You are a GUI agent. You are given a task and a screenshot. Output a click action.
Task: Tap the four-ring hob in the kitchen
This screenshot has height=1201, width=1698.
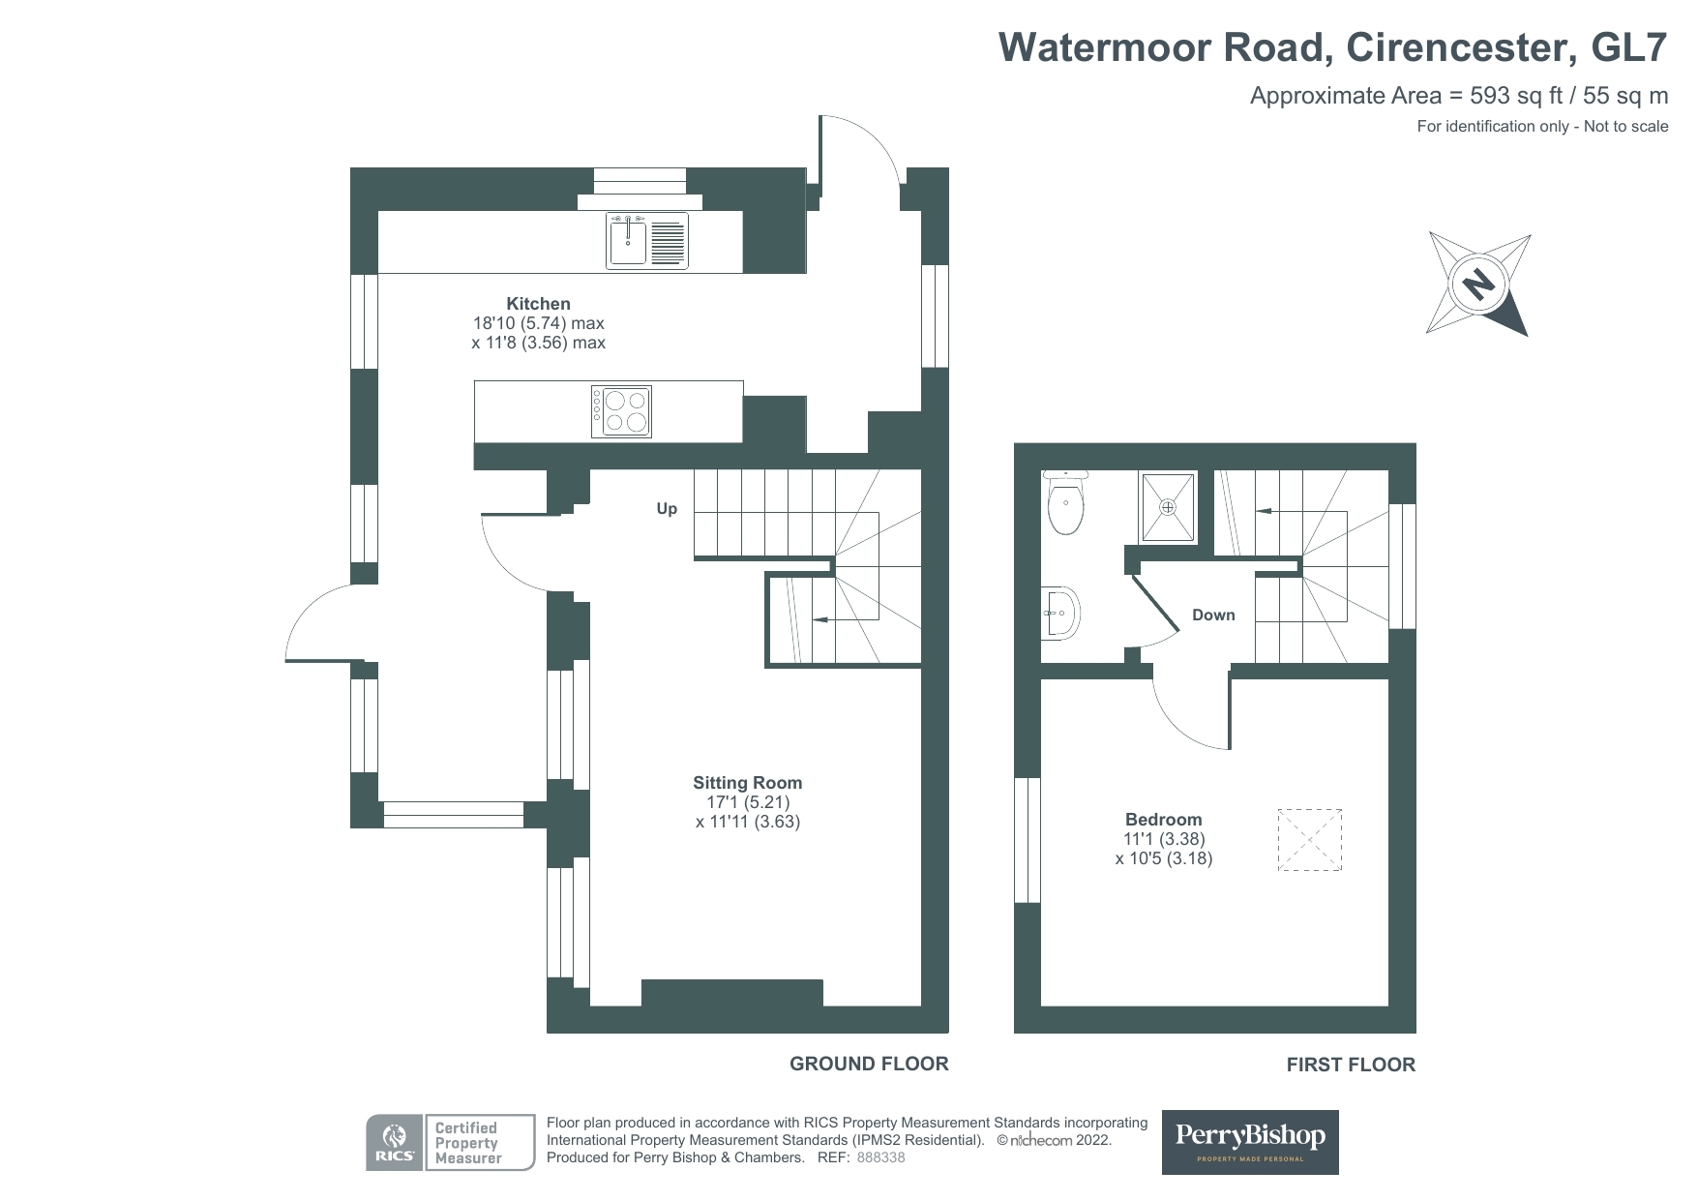tap(621, 411)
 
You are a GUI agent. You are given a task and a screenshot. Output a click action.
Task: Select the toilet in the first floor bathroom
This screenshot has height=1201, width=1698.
tap(1066, 502)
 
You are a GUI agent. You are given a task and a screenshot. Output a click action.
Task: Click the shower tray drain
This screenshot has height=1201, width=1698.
tap(1168, 506)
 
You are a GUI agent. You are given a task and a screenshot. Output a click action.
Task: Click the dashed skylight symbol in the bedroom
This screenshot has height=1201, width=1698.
tap(1310, 840)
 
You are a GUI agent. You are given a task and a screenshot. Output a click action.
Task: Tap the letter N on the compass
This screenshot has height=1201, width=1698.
tap(1477, 285)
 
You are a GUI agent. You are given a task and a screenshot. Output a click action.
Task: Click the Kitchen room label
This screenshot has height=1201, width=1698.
tap(539, 304)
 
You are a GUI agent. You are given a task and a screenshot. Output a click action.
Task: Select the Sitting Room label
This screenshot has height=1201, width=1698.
tap(748, 783)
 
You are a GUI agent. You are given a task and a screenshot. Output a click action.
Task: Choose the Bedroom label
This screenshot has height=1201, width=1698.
tap(1164, 819)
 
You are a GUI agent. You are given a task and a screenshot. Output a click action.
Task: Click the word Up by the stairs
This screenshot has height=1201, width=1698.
tap(667, 509)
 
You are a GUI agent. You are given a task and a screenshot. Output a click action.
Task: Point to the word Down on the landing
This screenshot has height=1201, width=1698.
tap(1213, 615)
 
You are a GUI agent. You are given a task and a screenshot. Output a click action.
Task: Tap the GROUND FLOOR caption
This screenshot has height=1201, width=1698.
tap(869, 1064)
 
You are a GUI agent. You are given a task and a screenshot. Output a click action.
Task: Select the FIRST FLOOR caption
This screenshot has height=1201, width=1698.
tap(1351, 1065)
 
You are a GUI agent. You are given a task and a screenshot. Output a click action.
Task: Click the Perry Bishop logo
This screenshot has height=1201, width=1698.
tap(1250, 1142)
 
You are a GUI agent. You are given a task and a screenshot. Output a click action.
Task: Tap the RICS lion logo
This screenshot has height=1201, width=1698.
tap(394, 1143)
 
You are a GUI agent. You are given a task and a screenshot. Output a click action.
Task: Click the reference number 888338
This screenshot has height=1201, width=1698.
tap(880, 1157)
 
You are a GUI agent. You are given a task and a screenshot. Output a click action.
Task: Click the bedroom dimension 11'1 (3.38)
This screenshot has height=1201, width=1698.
tap(1164, 839)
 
